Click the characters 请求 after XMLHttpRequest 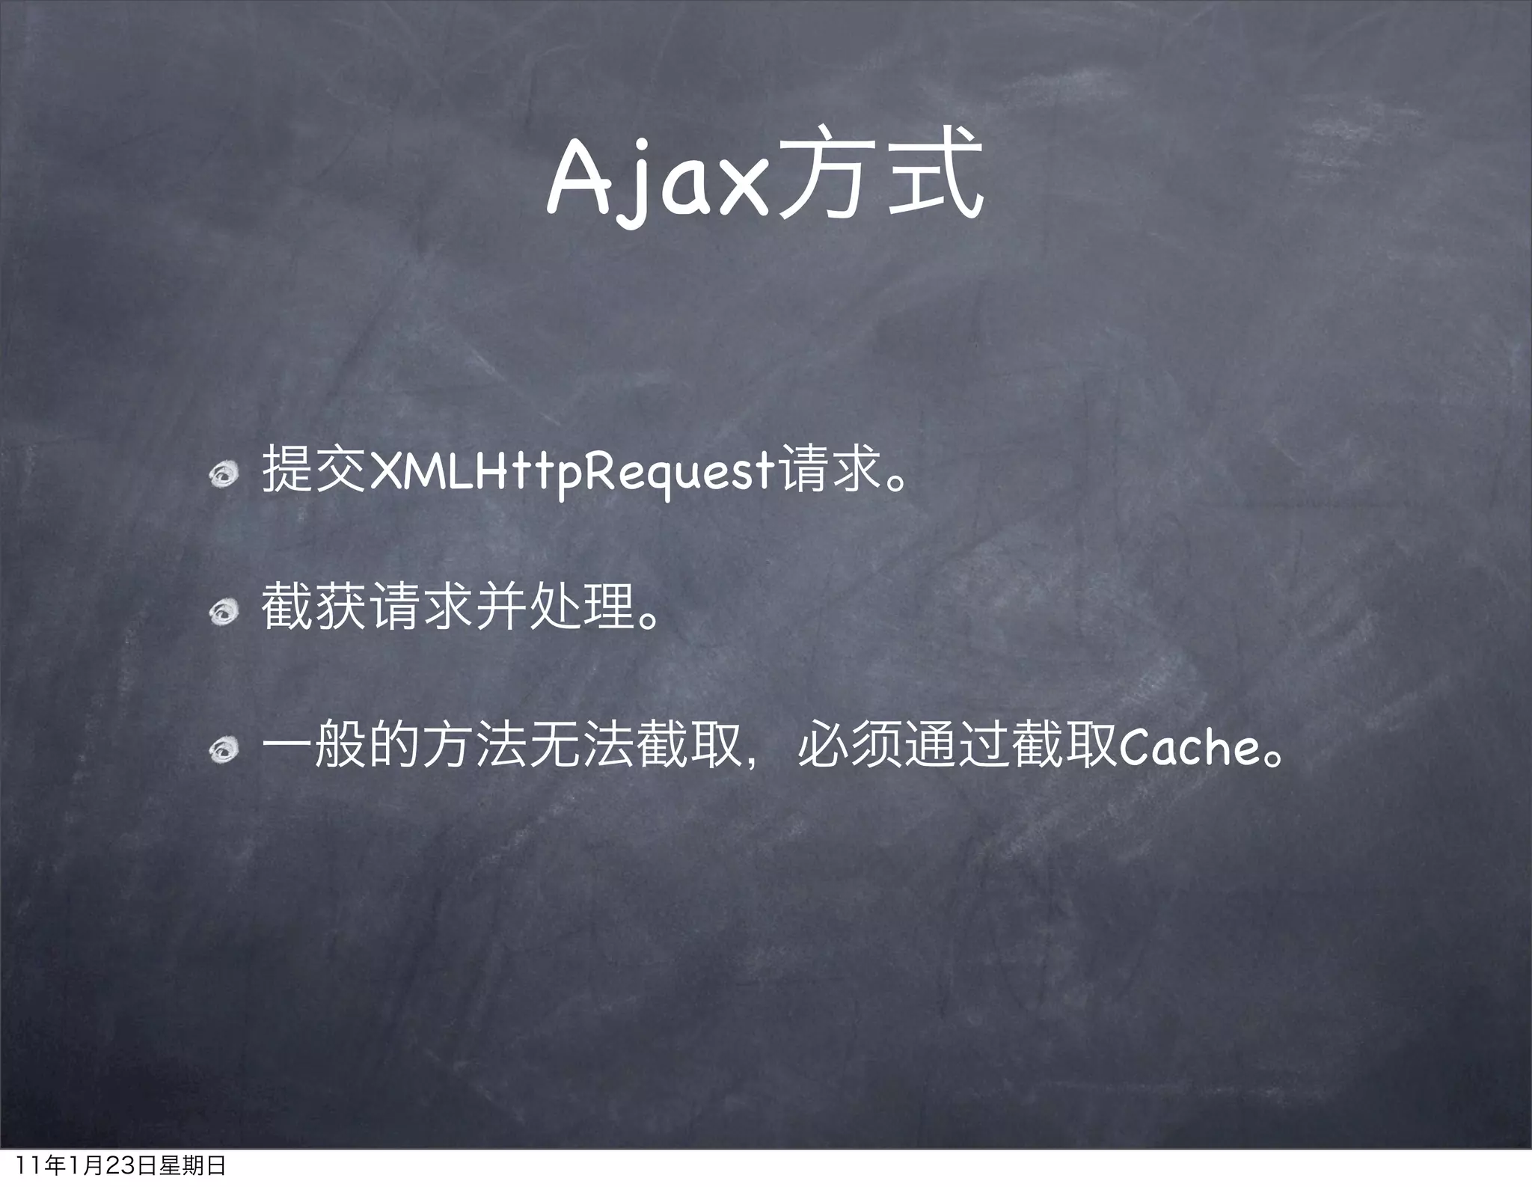[x=830, y=470]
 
